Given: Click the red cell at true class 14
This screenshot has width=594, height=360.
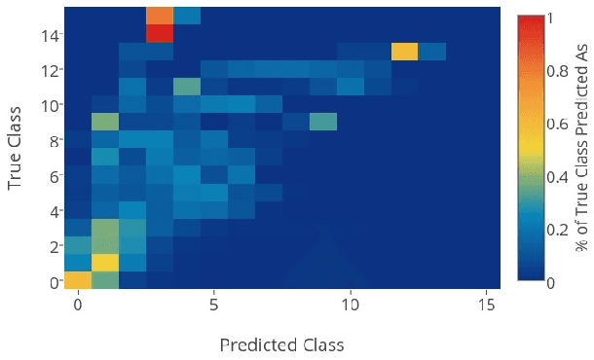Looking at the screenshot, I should coord(160,33).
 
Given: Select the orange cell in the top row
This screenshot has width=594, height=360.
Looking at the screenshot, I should coord(160,15).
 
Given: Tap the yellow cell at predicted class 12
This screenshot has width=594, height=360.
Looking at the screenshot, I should coord(405,51).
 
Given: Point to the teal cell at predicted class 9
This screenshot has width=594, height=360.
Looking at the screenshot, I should coord(323,122).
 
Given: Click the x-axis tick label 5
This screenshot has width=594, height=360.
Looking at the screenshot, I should coord(213,305).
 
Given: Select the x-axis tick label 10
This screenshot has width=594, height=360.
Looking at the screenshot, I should coord(350,305).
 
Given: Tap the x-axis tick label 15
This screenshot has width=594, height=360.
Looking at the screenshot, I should coord(486,305).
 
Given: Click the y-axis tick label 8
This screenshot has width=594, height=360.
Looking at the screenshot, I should coord(55,140).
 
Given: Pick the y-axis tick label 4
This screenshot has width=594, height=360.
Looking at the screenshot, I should coord(55,211).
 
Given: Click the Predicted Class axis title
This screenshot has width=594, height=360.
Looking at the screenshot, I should coord(281,344).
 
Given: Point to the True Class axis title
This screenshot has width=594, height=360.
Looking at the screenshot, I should coord(17,149).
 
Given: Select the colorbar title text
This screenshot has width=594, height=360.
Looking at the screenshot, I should coord(581,149).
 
